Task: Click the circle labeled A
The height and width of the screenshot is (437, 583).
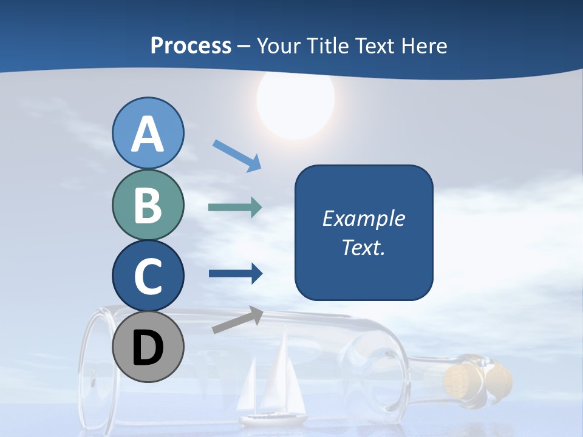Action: [148, 133]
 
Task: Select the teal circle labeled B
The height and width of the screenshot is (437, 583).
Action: [148, 205]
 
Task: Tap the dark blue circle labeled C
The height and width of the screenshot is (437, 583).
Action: [148, 276]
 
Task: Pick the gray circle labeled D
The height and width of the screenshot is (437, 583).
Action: [148, 347]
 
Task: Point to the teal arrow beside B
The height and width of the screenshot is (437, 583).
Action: [234, 207]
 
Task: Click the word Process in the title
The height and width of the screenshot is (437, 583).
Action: [191, 46]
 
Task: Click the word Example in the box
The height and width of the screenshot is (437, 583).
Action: [364, 218]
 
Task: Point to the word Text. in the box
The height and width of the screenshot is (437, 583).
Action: [364, 247]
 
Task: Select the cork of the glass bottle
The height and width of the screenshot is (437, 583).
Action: [468, 376]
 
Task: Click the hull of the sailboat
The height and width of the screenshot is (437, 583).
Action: [273, 419]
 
